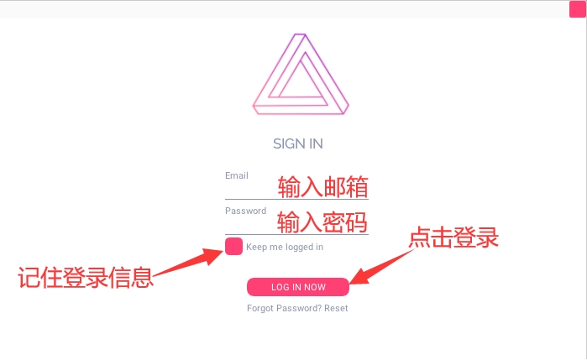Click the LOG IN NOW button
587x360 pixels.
click(297, 287)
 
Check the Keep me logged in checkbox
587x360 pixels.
click(234, 247)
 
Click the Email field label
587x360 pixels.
click(236, 175)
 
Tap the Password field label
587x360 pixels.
click(245, 211)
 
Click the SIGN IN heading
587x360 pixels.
click(297, 143)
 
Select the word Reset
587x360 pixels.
click(336, 308)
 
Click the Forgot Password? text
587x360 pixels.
click(284, 308)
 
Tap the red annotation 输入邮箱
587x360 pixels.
click(322, 186)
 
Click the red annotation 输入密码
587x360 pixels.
click(322, 222)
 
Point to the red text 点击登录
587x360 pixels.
click(453, 238)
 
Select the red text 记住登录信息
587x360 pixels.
click(86, 278)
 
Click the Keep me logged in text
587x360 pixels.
click(285, 247)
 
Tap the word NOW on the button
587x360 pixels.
click(315, 287)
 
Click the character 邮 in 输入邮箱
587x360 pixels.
click(334, 186)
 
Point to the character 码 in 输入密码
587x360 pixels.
click(357, 222)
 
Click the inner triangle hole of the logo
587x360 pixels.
click(300, 81)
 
